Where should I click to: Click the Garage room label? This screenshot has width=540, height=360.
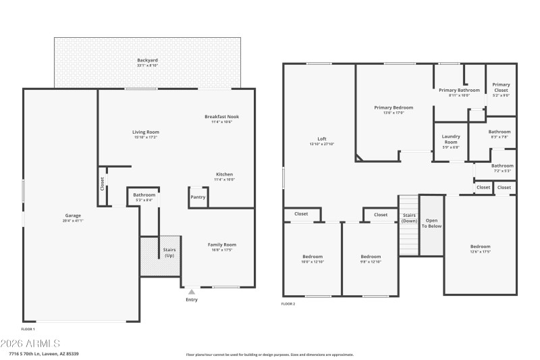tap(72, 217)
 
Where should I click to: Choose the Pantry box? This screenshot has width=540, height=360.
tap(198, 197)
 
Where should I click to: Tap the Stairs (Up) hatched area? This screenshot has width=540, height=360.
tap(161, 256)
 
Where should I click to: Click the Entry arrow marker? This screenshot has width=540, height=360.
tap(191, 292)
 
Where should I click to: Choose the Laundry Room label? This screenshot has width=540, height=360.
tap(450, 140)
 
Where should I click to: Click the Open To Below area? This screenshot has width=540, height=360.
tap(431, 224)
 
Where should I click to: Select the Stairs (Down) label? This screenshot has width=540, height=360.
tap(409, 218)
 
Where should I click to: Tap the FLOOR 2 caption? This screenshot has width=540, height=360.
tap(288, 304)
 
